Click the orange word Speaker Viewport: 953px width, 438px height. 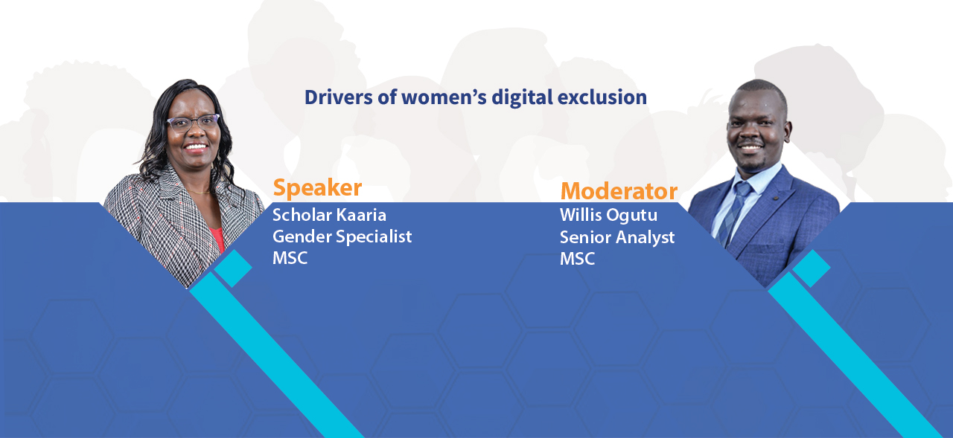(x=317, y=188)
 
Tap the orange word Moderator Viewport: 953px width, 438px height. (x=619, y=191)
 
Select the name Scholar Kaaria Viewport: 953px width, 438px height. (x=329, y=215)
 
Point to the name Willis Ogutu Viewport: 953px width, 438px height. (x=608, y=215)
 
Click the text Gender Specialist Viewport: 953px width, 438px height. (x=342, y=237)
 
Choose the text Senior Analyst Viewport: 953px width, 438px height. (x=617, y=237)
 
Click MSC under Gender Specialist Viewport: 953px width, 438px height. (x=290, y=258)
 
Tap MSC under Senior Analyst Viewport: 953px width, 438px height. (x=577, y=259)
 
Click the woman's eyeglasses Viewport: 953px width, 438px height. (x=193, y=123)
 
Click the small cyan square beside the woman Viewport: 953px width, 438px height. (x=233, y=268)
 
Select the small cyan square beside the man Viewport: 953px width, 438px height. (x=812, y=268)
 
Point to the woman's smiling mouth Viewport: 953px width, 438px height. (x=196, y=147)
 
